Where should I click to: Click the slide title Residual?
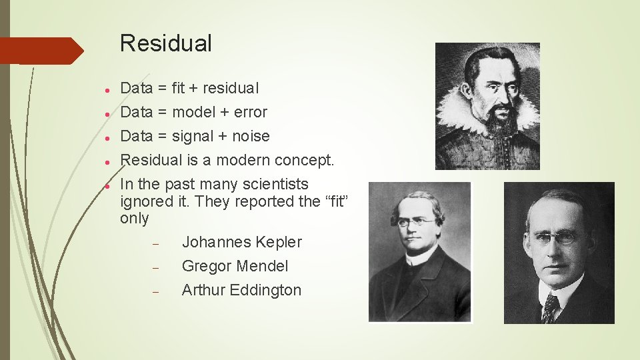tap(165, 44)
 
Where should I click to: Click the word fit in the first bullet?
tap(178, 88)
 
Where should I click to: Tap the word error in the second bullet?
tap(251, 112)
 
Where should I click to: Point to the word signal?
tap(192, 136)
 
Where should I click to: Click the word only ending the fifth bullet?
tap(134, 219)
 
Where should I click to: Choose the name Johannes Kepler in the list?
tap(241, 242)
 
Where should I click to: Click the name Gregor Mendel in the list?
tap(235, 266)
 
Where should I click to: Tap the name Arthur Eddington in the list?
tap(241, 290)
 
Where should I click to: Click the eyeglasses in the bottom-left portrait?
tap(417, 222)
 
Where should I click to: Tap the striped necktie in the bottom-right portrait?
tap(551, 308)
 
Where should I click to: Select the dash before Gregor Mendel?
tap(154, 267)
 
